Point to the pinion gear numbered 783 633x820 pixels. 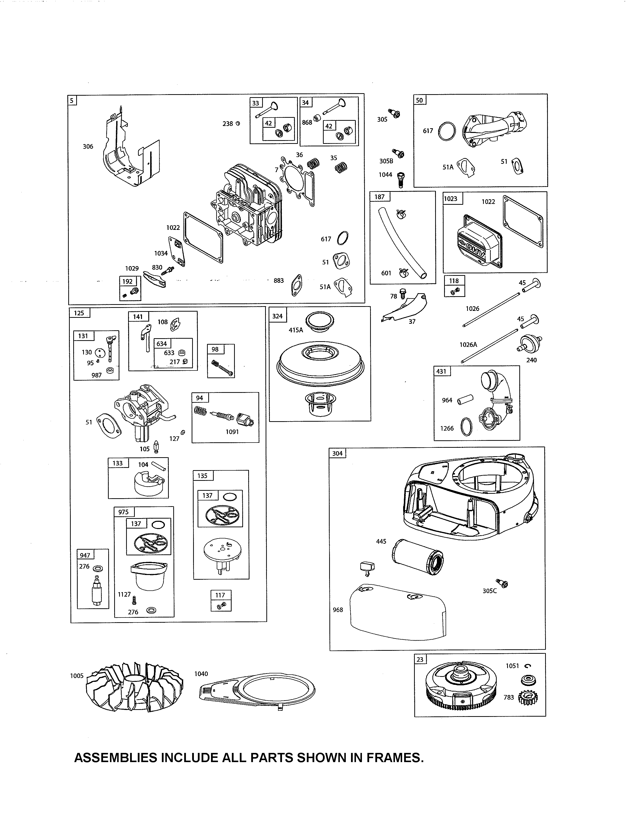coord(528,698)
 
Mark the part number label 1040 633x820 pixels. coord(201,674)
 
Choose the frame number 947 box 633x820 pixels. coord(85,555)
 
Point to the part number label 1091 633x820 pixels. coord(232,432)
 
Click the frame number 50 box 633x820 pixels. coord(419,100)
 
